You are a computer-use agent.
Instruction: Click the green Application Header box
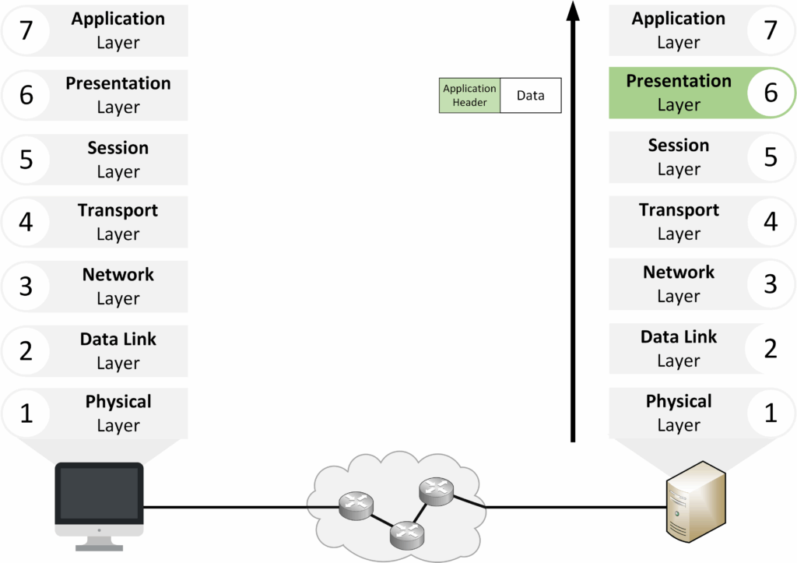[469, 96]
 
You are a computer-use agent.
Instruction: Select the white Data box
[530, 96]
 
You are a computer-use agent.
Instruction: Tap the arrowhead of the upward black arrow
[573, 12]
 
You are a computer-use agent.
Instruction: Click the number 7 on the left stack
[26, 30]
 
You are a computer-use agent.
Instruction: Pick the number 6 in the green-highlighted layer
[771, 93]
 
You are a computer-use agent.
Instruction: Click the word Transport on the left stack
[118, 210]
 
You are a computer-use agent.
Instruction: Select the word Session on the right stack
[679, 146]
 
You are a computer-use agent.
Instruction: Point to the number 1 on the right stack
[771, 413]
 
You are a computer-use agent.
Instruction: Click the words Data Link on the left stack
[118, 340]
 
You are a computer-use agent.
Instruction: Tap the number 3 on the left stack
[26, 287]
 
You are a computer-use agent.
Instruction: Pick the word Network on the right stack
[679, 273]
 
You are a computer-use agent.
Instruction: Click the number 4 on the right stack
[771, 222]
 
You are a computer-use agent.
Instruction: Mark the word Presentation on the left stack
[118, 83]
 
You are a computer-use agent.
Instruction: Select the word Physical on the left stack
[118, 402]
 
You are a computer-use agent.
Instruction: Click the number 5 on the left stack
[26, 160]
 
